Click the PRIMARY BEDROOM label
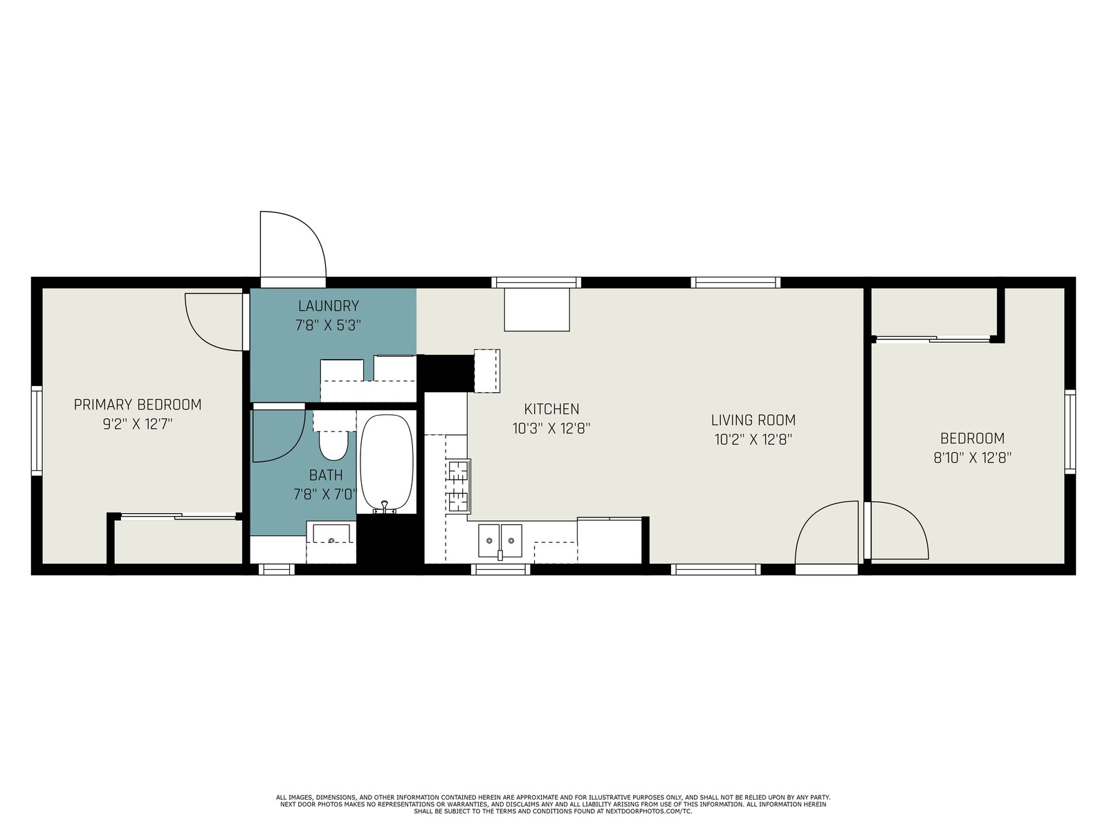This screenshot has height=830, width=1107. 138,405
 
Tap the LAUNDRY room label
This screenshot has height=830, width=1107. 329,306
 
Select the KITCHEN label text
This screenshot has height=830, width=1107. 551,409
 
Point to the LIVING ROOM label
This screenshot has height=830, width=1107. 753,420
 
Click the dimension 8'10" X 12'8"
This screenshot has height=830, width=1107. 972,458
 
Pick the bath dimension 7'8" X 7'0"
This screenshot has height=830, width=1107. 326,495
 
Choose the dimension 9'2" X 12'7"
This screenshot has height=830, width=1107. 138,424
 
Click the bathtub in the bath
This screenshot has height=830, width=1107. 387,463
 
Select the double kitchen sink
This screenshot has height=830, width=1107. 500,541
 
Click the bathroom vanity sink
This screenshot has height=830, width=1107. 331,534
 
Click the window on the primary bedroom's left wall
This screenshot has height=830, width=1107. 36,430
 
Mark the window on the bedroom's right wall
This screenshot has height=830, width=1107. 1070,432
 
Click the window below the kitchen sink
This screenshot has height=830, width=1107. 501,569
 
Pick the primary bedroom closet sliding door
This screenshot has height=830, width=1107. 179,516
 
